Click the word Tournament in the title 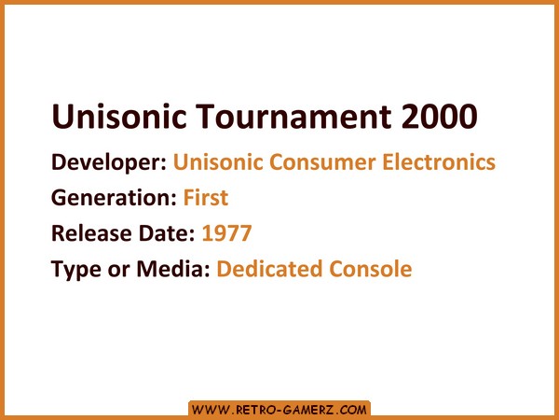pyautogui.click(x=293, y=116)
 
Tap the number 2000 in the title pyautogui.click(x=440, y=116)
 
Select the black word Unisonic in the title pyautogui.click(x=119, y=116)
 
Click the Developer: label pyautogui.click(x=109, y=162)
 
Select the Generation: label pyautogui.click(x=114, y=198)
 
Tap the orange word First pyautogui.click(x=206, y=198)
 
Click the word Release pyautogui.click(x=91, y=233)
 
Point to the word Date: pyautogui.click(x=167, y=233)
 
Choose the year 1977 pyautogui.click(x=226, y=233)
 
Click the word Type pyautogui.click(x=76, y=270)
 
